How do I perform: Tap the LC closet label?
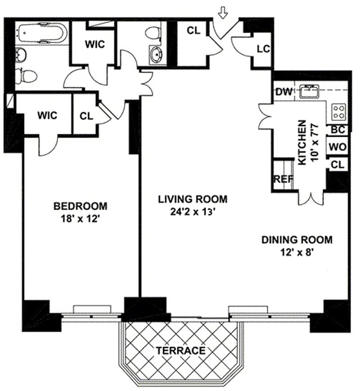263,49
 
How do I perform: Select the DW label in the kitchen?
284,92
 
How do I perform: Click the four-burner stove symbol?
339,112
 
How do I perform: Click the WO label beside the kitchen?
337,147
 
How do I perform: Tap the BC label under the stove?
337,130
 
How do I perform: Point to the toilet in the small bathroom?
154,32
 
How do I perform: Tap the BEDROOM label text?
81,207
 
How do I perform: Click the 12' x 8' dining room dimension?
297,252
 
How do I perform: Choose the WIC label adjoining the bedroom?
47,115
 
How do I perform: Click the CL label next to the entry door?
193,31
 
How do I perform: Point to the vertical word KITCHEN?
302,142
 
